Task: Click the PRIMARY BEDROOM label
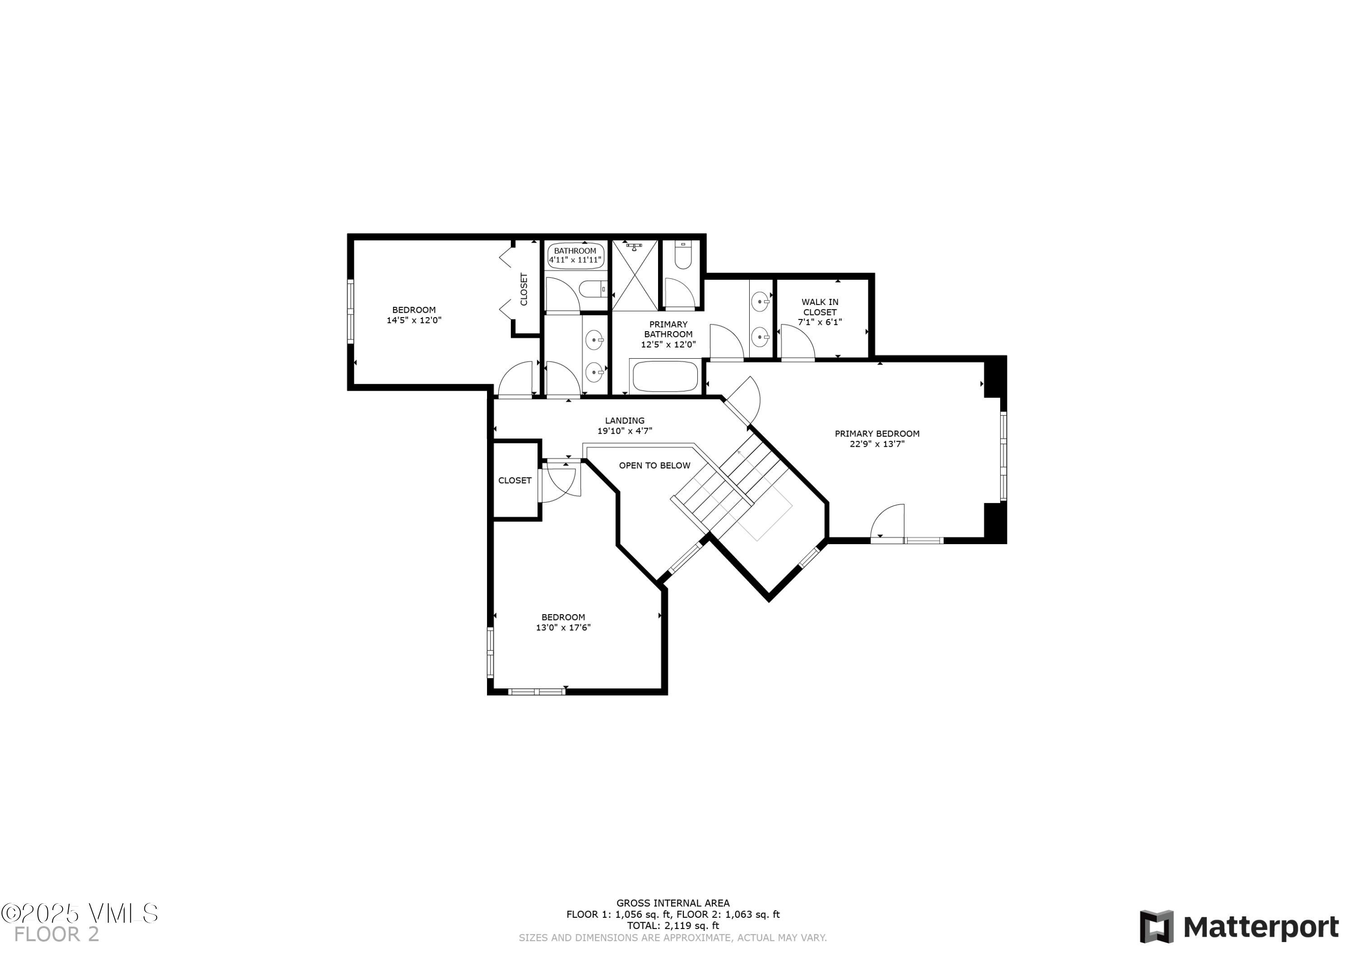tap(876, 434)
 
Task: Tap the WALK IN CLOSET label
tap(820, 307)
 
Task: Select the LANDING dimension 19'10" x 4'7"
tap(625, 431)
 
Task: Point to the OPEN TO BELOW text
tap(654, 465)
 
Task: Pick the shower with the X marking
tap(635, 275)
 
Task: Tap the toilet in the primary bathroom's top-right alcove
tap(683, 255)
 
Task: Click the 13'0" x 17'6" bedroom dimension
tap(563, 627)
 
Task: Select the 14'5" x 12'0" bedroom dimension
tap(413, 320)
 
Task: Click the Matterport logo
tap(1239, 927)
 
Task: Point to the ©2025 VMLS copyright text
tap(79, 913)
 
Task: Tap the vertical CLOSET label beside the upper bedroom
tap(524, 289)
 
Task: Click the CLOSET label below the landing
tap(514, 481)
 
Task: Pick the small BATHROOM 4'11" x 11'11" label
tap(575, 255)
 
